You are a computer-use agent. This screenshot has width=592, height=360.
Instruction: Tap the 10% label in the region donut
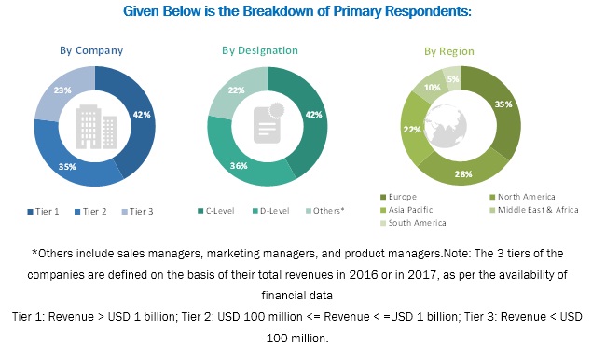pyautogui.click(x=432, y=87)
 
